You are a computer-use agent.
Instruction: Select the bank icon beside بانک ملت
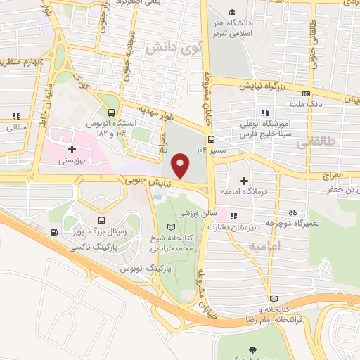(x=305, y=94)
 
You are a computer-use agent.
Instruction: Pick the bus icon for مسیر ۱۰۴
(x=210, y=139)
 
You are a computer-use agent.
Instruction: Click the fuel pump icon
(x=54, y=233)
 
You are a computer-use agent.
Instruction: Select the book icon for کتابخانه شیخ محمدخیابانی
(x=172, y=227)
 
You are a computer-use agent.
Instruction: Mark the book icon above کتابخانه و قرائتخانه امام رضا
(x=283, y=298)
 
